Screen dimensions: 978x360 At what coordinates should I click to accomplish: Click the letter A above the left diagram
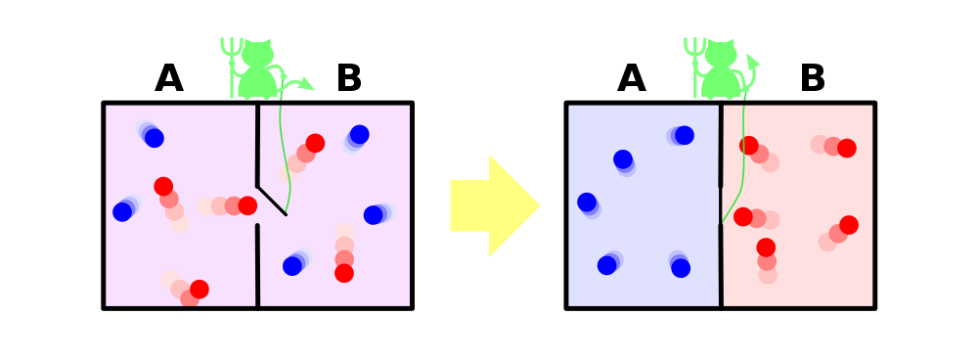click(169, 78)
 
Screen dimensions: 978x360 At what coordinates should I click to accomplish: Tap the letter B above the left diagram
click(349, 78)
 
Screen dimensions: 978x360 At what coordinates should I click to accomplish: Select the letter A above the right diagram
click(631, 78)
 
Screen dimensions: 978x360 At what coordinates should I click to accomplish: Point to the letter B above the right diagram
click(812, 78)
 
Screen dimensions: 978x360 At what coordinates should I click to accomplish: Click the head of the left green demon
click(257, 54)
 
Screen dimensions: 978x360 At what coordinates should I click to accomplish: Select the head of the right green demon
click(721, 54)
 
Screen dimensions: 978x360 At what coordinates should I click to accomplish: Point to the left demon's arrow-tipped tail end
click(305, 83)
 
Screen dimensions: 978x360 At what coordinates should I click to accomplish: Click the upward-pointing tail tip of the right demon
click(752, 61)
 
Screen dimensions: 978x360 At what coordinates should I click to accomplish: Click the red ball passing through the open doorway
click(247, 205)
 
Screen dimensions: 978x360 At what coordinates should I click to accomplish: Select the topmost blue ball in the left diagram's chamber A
click(155, 138)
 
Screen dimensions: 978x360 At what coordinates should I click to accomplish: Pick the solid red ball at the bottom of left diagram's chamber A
click(199, 289)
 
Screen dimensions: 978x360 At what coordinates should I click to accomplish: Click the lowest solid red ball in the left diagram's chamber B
click(343, 273)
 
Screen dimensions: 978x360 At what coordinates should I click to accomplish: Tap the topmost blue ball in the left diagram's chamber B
click(359, 134)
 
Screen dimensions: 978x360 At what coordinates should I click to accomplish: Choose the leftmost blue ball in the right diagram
click(587, 202)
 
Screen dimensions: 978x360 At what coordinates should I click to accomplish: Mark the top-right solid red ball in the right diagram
click(846, 148)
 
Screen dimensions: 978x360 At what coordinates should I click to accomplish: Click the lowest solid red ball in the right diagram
click(766, 247)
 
